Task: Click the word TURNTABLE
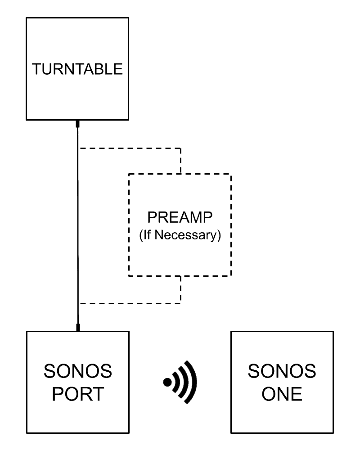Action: (x=77, y=69)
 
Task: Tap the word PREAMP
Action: (x=180, y=217)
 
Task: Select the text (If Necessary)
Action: (x=180, y=235)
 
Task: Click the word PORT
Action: (x=78, y=394)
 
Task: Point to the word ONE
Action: (x=282, y=394)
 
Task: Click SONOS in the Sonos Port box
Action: (x=78, y=371)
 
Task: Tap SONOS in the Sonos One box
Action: (x=282, y=371)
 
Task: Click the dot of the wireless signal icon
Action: (x=167, y=382)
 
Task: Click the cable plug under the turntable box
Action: (x=77, y=124)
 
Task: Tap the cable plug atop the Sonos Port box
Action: (x=78, y=328)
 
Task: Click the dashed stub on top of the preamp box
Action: (x=180, y=161)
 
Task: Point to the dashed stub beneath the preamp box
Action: (x=180, y=289)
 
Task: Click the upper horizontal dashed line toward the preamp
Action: (x=130, y=148)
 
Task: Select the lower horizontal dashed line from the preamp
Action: (x=130, y=303)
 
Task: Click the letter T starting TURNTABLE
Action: (x=36, y=69)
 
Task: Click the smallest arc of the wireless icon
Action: (x=175, y=382)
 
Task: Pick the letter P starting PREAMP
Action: (x=152, y=217)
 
